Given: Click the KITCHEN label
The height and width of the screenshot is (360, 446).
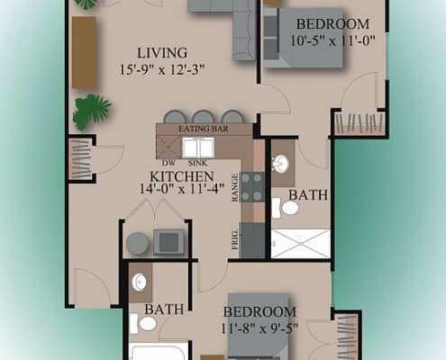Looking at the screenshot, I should (x=182, y=176).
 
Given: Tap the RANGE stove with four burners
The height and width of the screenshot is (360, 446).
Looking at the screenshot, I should (x=252, y=184).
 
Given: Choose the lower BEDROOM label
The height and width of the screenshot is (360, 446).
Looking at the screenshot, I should (x=261, y=298).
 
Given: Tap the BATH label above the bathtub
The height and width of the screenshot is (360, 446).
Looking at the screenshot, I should (x=164, y=309).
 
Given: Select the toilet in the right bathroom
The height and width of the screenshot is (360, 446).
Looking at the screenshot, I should (x=288, y=209).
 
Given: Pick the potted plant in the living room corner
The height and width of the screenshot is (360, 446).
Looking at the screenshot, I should (x=91, y=110).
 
